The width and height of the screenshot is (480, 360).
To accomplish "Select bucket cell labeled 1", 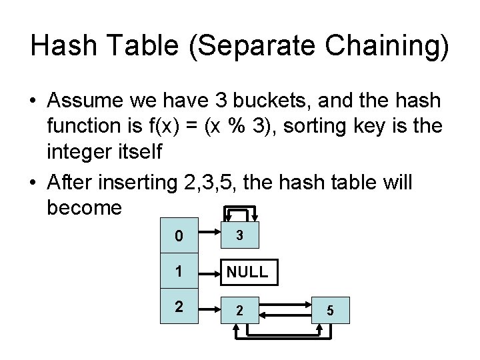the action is pos(178,271).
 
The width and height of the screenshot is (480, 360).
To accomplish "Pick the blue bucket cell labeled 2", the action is pos(178,307).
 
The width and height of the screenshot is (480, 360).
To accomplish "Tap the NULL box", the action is pos(247,271).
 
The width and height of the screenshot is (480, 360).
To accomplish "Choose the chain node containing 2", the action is pos(240,309).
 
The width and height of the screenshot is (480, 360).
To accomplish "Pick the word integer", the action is pos(78,153).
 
